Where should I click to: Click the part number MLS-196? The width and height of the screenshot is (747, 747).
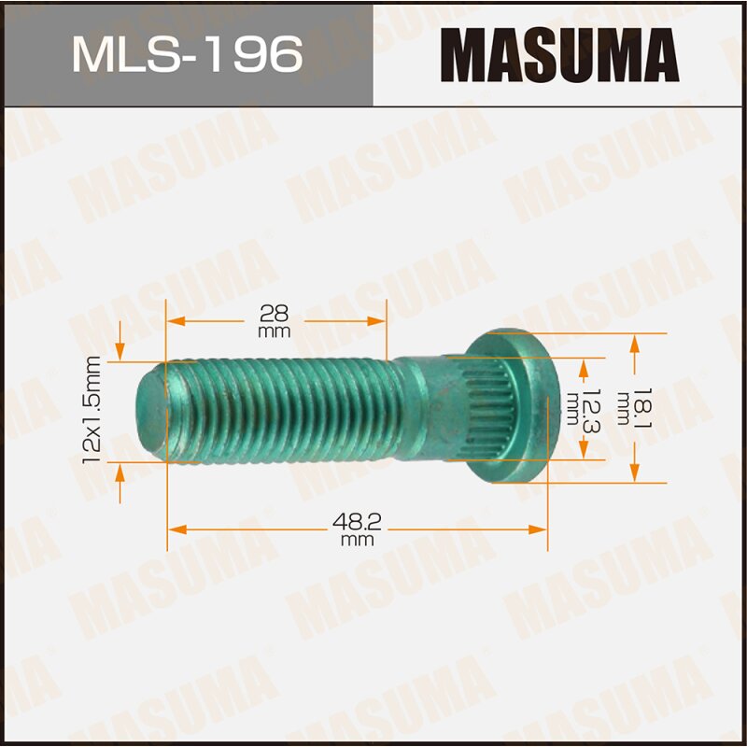pyautogui.click(x=187, y=55)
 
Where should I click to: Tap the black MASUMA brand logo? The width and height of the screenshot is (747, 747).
pyautogui.click(x=559, y=54)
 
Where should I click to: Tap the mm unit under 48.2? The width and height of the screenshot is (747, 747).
pyautogui.click(x=357, y=541)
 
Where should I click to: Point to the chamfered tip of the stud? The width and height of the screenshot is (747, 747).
pyautogui.click(x=149, y=411)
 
